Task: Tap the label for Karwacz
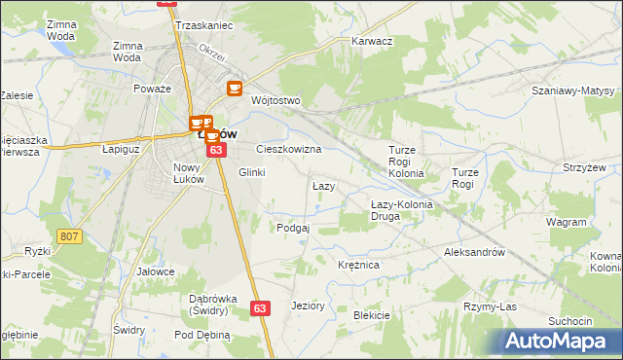coord(371,42)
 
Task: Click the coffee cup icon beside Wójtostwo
coord(235,89)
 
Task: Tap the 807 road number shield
coord(68,236)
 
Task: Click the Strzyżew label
coord(584,167)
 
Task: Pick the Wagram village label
coord(566,222)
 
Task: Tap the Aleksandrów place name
coord(472,251)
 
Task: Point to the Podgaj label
coord(293,228)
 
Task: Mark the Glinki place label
coord(251,172)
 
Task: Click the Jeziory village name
coord(308,306)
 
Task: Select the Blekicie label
coord(372,315)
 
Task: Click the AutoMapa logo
coord(561,341)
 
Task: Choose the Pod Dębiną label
coord(202,335)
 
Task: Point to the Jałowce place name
coord(156,271)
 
